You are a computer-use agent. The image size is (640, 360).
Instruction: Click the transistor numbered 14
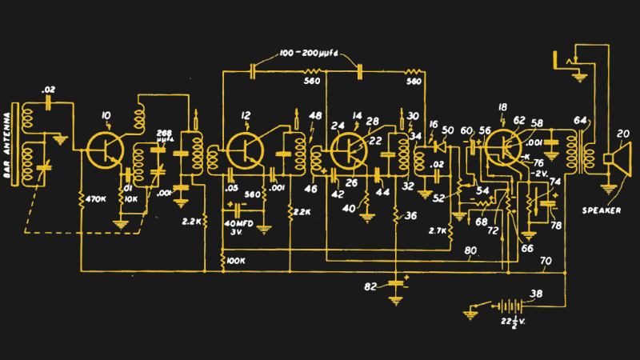[x=350, y=149]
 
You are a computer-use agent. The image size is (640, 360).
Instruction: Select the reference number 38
[x=537, y=294]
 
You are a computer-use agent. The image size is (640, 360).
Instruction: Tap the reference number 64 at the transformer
[x=579, y=122]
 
